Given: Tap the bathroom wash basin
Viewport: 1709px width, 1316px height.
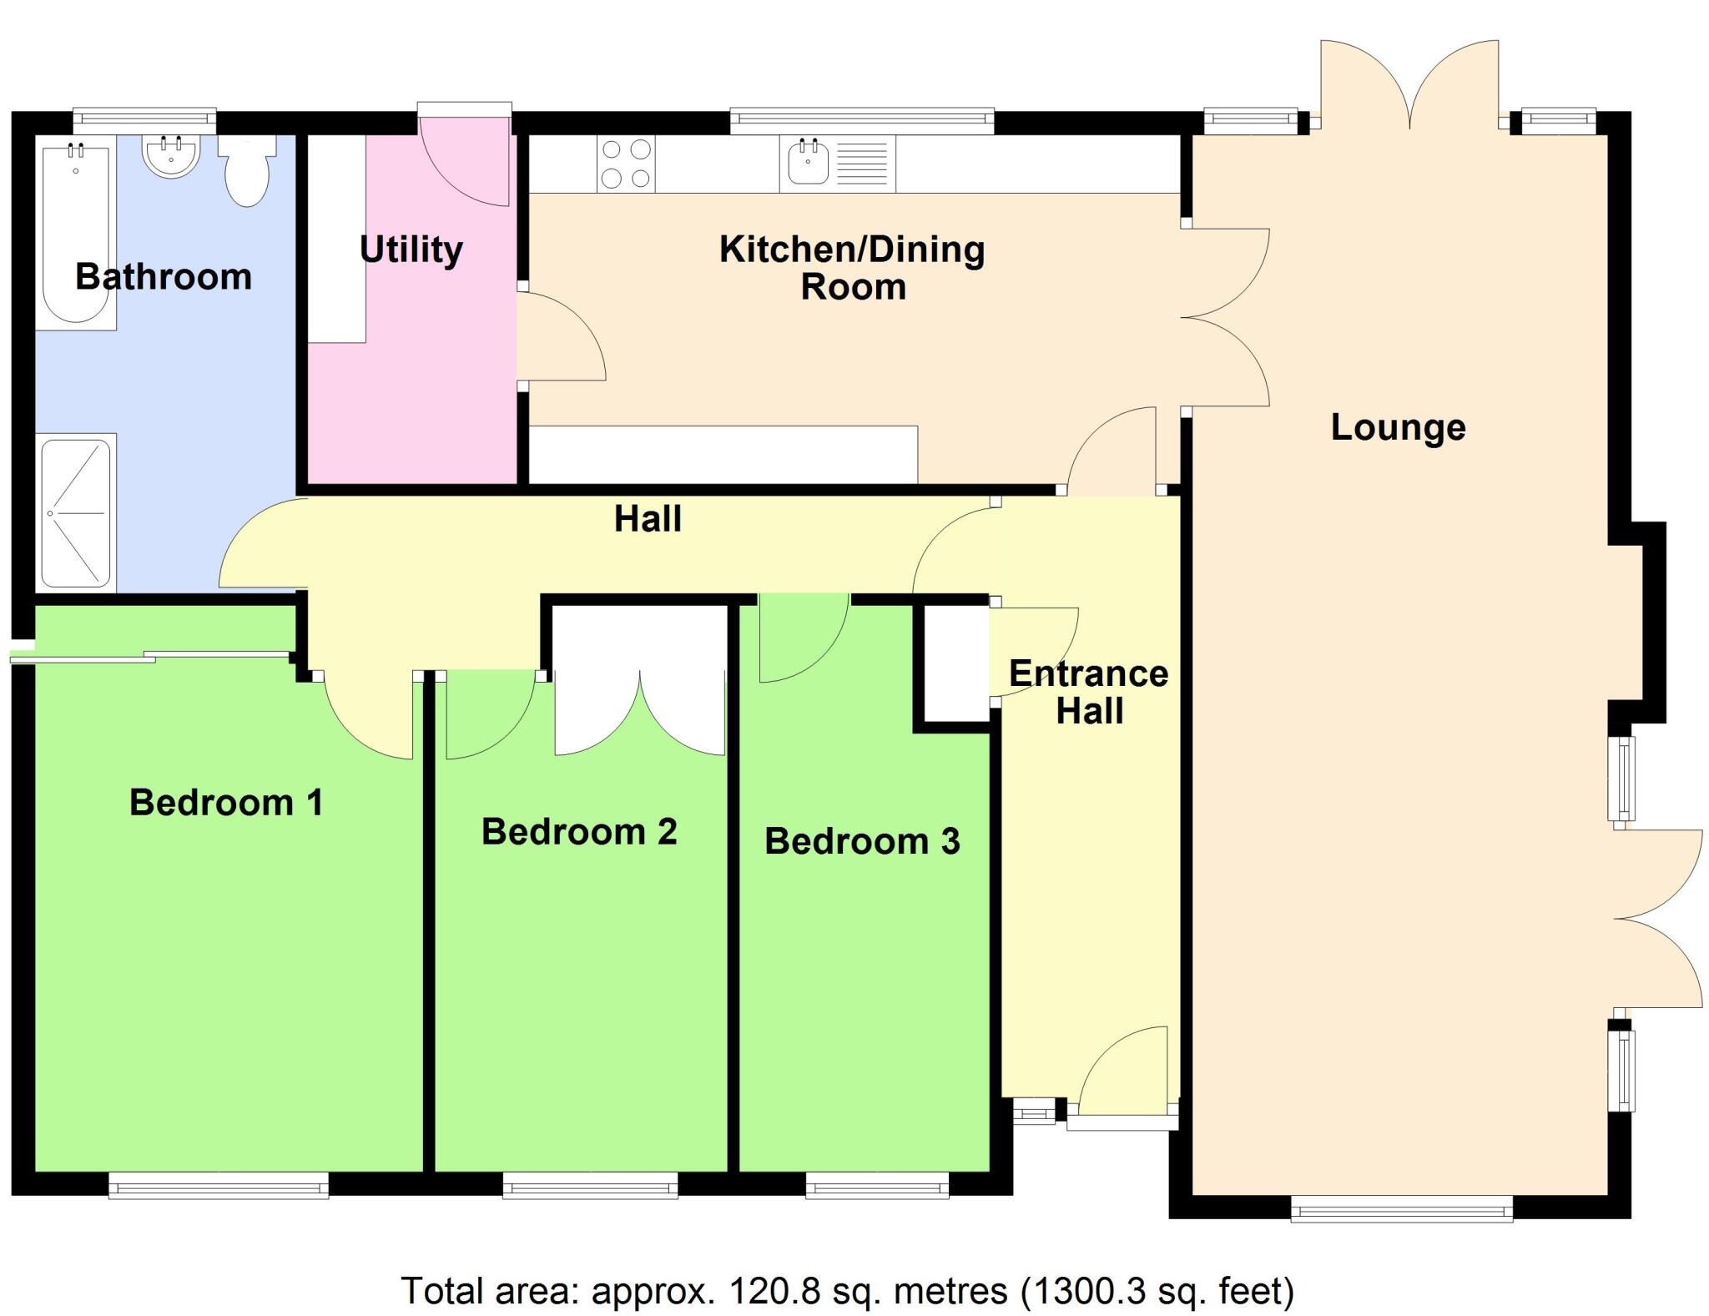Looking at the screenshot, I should (x=171, y=157).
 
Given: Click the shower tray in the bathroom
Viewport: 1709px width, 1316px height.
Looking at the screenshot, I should (x=76, y=513).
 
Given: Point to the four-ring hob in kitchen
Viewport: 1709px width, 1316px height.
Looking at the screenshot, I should (x=626, y=164).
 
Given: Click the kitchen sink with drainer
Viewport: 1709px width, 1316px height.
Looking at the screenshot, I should (x=838, y=163).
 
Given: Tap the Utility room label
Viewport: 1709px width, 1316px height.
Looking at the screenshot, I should (x=411, y=250).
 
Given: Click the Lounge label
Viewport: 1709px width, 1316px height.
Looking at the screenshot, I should (x=1398, y=427).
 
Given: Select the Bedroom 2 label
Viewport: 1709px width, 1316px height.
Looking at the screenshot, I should (x=579, y=832).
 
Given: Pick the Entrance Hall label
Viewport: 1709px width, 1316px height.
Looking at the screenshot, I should (x=1089, y=692).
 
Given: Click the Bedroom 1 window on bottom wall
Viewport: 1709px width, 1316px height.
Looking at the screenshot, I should (x=219, y=1185).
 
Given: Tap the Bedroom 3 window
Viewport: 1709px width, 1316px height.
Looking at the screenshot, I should (x=877, y=1185).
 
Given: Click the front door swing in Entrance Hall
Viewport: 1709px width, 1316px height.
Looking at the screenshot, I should (x=1122, y=1072).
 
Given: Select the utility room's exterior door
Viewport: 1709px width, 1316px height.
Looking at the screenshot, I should (x=464, y=159).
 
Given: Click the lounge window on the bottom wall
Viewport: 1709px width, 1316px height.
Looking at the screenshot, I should (x=1401, y=1208).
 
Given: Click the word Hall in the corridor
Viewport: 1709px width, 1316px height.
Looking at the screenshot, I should (x=648, y=519).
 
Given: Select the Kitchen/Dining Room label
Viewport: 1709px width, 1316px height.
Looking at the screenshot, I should (x=852, y=268).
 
